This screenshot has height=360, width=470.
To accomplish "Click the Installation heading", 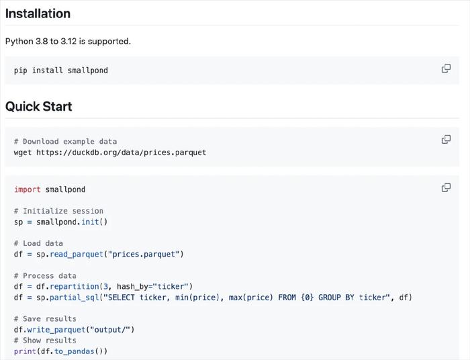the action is (38, 13).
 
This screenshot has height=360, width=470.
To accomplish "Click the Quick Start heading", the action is (39, 106).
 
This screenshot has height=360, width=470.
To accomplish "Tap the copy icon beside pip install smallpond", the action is (446, 69).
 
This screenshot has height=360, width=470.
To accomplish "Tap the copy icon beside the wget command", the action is (446, 140).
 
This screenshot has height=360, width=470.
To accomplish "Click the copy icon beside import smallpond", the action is (446, 187).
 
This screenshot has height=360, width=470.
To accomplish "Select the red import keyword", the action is (28, 189).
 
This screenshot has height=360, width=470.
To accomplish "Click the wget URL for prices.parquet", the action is (121, 152).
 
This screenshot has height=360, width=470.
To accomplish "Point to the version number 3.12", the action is (68, 41).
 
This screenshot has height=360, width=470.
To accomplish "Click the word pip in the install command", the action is (20, 71).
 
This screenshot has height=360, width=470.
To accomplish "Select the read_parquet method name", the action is (77, 255).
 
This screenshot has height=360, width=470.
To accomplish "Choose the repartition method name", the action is (75, 287).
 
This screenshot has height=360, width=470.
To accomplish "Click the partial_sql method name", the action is (75, 298).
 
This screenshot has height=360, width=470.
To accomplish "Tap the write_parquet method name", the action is (56, 330).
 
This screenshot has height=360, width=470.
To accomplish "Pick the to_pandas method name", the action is (75, 351).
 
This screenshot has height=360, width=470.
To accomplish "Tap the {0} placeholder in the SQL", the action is (308, 298).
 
